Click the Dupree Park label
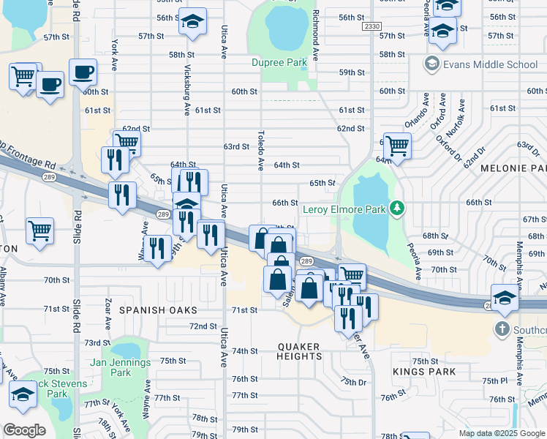pyautogui.click(x=279, y=63)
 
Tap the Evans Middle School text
pyautogui.click(x=490, y=64)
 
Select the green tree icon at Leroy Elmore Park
pyautogui.click(x=397, y=210)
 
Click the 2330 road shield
pyautogui.click(x=371, y=26)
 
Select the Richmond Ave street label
pyautogui.click(x=316, y=35)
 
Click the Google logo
pyautogui.click(x=24, y=430)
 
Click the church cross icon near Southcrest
pyautogui.click(x=502, y=329)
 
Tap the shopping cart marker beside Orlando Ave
pyautogui.click(x=397, y=145)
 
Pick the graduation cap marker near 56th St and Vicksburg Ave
pyautogui.click(x=192, y=22)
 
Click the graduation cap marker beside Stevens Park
pyautogui.click(x=23, y=395)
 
